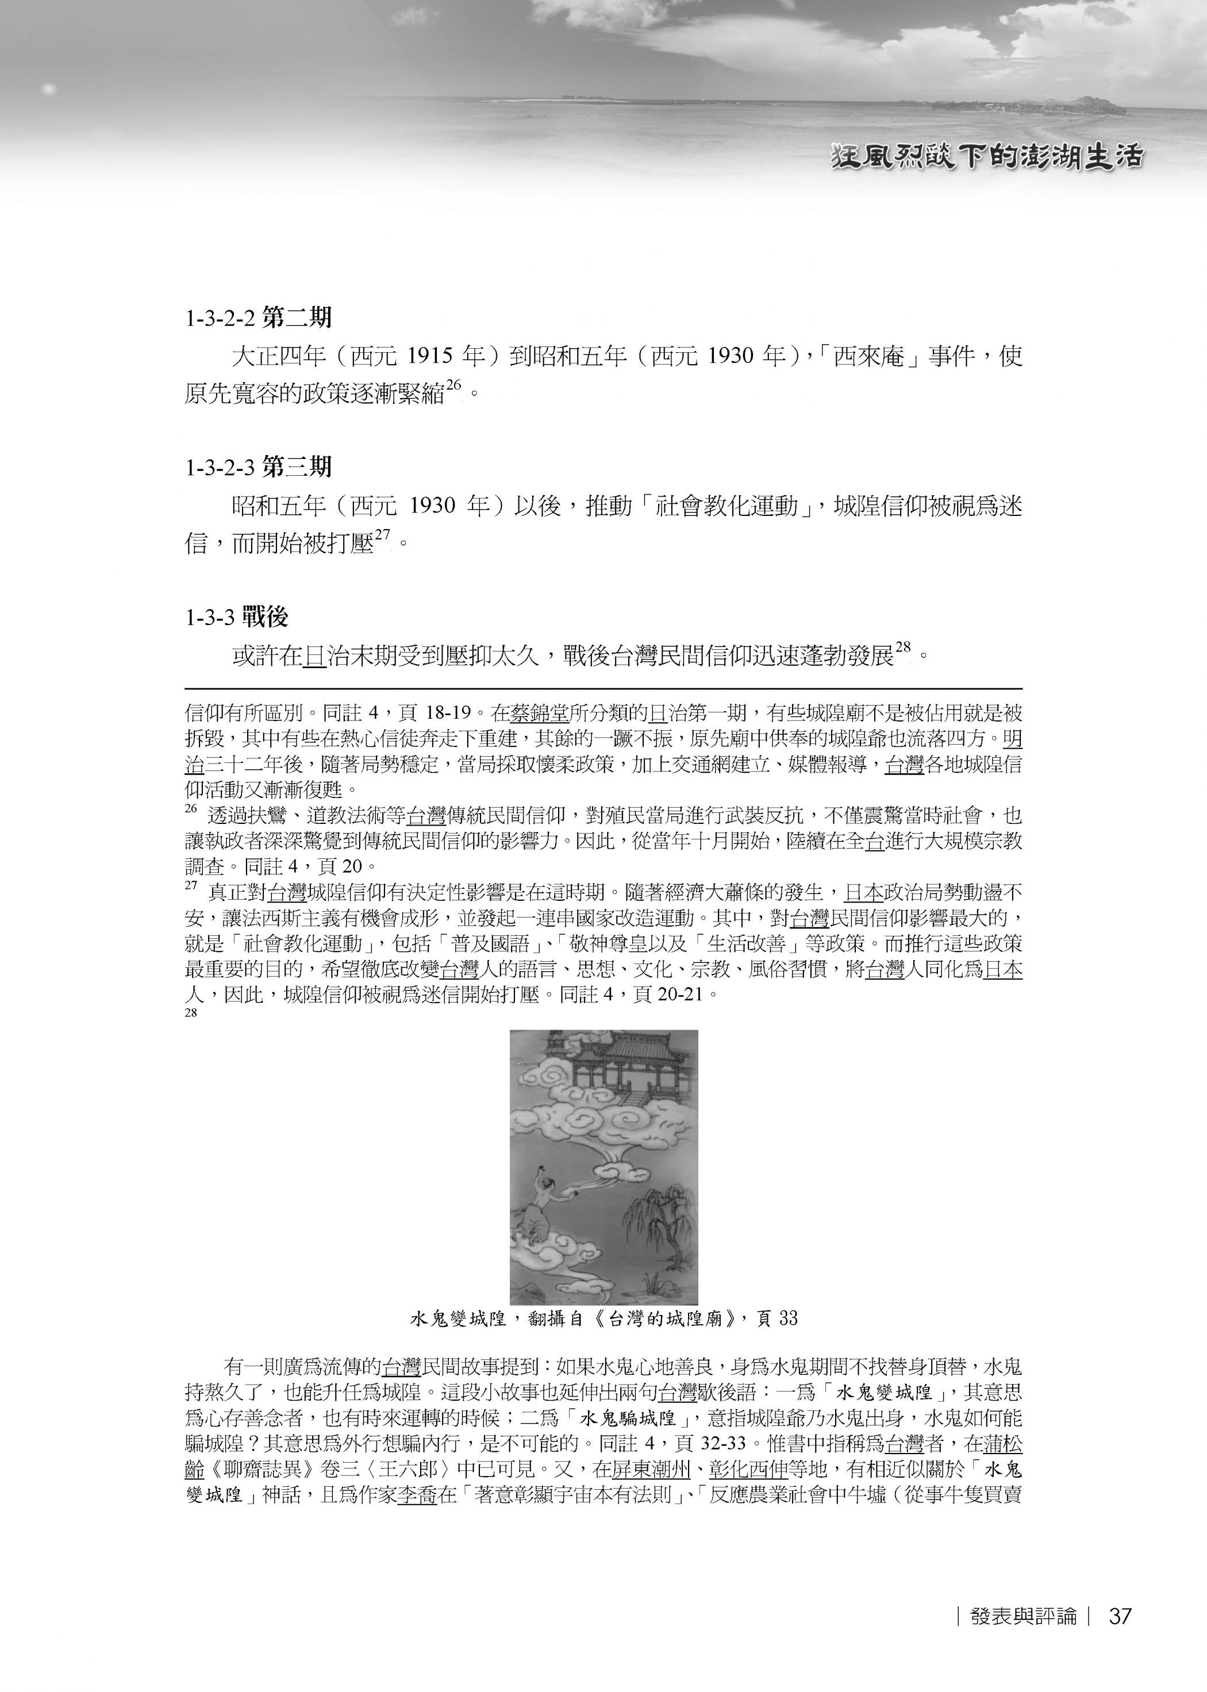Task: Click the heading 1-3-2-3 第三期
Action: pos(258,467)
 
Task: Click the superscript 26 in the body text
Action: pos(455,385)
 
